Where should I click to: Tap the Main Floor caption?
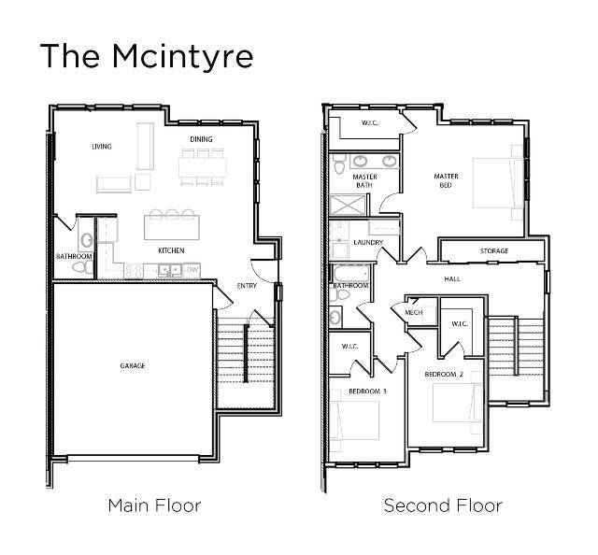154,505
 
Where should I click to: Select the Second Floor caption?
443,505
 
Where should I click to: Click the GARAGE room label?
133,365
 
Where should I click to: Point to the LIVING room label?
102,147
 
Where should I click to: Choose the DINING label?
201,140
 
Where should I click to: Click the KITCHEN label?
171,250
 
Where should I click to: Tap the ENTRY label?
247,286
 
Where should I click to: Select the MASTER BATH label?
364,180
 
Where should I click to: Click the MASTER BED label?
446,180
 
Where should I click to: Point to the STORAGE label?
494,251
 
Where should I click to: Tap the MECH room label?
414,312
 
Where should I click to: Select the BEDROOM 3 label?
367,391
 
